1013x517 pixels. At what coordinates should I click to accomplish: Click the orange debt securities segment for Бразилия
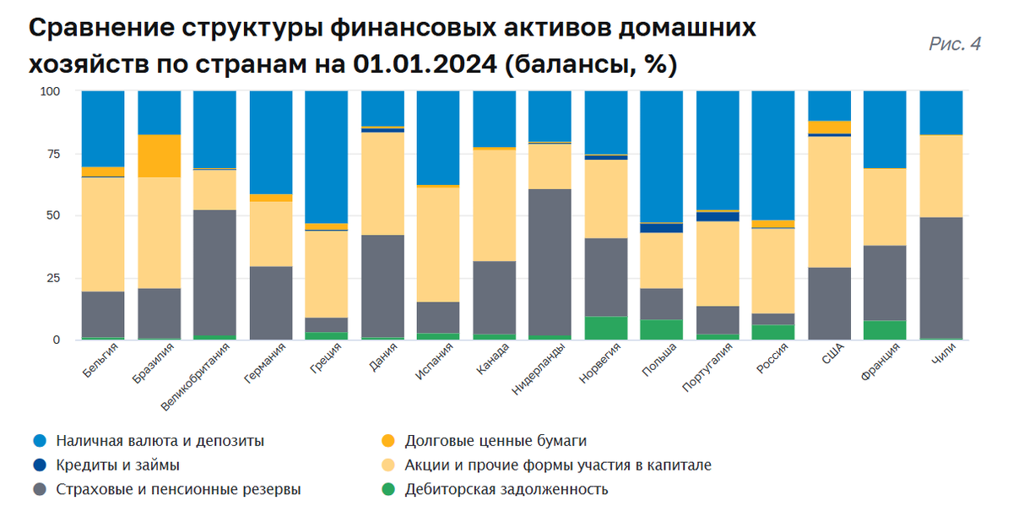[159, 155]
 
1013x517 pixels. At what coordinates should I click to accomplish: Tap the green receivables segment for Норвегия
[605, 328]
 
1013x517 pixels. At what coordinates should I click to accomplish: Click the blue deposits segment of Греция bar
[326, 156]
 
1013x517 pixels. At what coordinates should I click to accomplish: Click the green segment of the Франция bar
[885, 329]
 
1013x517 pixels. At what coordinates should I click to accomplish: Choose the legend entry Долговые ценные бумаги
[495, 441]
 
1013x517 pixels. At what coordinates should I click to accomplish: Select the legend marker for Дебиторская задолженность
[387, 489]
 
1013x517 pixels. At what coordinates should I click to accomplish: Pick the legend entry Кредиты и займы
[117, 465]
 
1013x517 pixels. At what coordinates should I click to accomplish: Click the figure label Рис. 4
[955, 45]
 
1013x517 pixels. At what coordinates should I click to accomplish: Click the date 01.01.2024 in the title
[414, 64]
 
